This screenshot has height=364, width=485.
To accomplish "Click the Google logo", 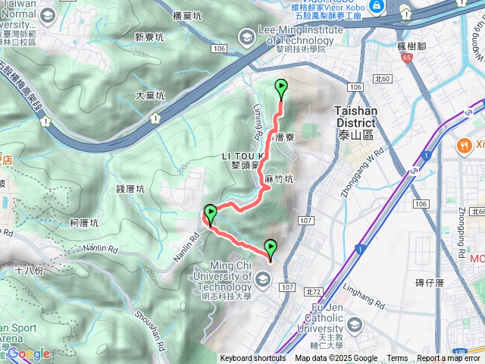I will pyautogui.click(x=29, y=353).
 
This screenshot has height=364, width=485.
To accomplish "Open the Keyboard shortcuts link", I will pyautogui.click(x=253, y=359).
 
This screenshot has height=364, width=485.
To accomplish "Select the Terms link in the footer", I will pyautogui.click(x=397, y=359).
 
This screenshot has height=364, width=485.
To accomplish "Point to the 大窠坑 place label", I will pyautogui.click(x=150, y=96).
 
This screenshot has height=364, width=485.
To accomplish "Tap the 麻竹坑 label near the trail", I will pyautogui.click(x=278, y=179).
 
